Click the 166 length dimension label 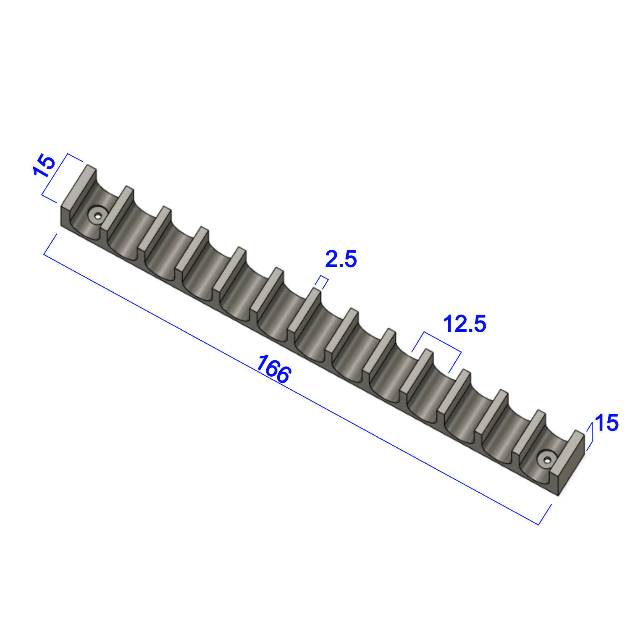point(273,369)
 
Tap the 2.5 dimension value point(341,259)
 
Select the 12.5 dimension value point(465,324)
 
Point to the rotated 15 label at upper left point(44,166)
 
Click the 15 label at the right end point(606,423)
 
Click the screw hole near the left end point(98,216)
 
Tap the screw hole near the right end point(546,460)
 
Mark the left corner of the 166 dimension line point(44,255)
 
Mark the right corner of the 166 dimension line point(538,525)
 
